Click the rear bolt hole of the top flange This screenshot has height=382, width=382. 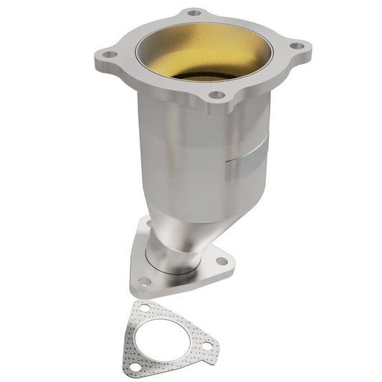[194, 13]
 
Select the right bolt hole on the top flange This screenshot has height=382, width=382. [294, 46]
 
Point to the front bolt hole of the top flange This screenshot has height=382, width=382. [216, 95]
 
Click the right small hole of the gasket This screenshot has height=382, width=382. [206, 346]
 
